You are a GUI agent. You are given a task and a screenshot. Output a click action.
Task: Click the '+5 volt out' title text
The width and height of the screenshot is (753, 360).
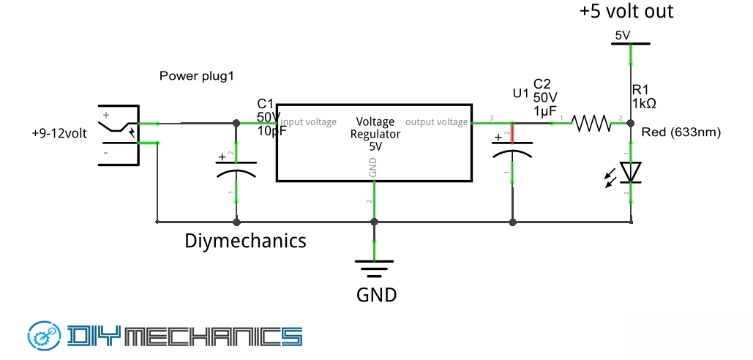point(626,12)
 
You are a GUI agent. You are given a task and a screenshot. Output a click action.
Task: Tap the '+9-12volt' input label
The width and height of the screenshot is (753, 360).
point(59,134)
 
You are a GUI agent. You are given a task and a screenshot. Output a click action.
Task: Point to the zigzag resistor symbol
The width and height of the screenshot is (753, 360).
point(591,122)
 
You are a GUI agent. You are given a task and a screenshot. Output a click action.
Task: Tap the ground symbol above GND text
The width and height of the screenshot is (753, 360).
point(374,269)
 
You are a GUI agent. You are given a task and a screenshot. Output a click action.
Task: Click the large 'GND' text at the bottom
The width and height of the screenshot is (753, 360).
point(376,296)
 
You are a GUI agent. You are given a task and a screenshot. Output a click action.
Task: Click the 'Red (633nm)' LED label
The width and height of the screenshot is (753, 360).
point(681,132)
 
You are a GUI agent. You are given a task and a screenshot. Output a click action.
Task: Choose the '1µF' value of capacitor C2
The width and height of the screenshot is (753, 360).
point(545,110)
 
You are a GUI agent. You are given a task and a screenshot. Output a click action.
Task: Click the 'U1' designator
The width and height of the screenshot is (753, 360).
point(520,94)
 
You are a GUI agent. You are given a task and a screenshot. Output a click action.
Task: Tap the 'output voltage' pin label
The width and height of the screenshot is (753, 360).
point(436,122)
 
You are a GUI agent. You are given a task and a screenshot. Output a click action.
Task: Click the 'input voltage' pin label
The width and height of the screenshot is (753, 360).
point(309,122)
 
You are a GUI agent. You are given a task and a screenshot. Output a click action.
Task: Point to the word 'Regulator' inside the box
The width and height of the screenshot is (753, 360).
point(375,135)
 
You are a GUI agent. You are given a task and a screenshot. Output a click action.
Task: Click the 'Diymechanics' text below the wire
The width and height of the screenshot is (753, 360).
point(245,241)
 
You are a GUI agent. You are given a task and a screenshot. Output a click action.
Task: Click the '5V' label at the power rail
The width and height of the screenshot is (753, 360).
point(623,34)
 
